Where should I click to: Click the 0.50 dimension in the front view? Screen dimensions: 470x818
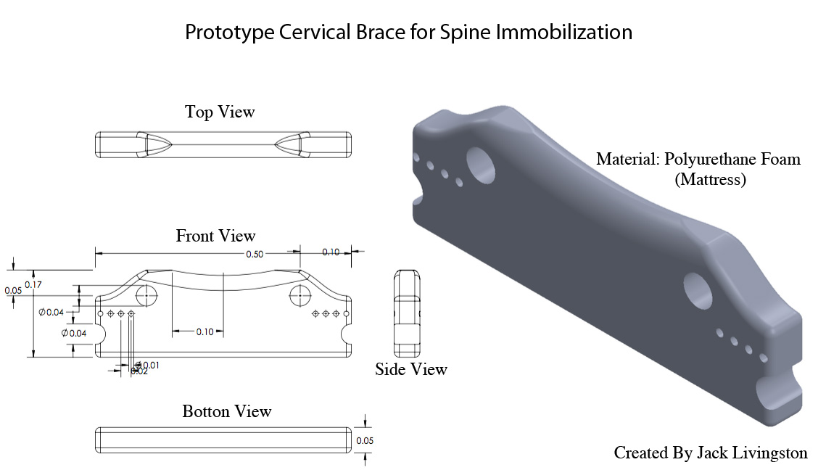click(255, 254)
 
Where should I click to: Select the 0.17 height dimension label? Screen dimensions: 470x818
click(33, 284)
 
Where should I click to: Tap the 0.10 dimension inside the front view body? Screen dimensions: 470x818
click(205, 331)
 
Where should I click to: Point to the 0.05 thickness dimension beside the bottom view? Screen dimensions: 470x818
click(364, 440)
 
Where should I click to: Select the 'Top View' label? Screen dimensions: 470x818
click(220, 112)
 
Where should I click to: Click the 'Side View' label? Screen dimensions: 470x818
click(411, 369)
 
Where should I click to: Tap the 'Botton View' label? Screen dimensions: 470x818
click(227, 411)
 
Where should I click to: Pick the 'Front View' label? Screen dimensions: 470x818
click(215, 236)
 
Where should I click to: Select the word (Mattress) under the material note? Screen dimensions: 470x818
click(710, 180)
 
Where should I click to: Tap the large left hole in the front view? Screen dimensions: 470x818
click(147, 296)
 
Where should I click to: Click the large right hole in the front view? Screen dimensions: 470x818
click(299, 296)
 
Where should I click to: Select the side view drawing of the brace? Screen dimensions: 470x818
click(406, 314)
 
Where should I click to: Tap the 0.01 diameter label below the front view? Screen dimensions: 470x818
click(149, 365)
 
